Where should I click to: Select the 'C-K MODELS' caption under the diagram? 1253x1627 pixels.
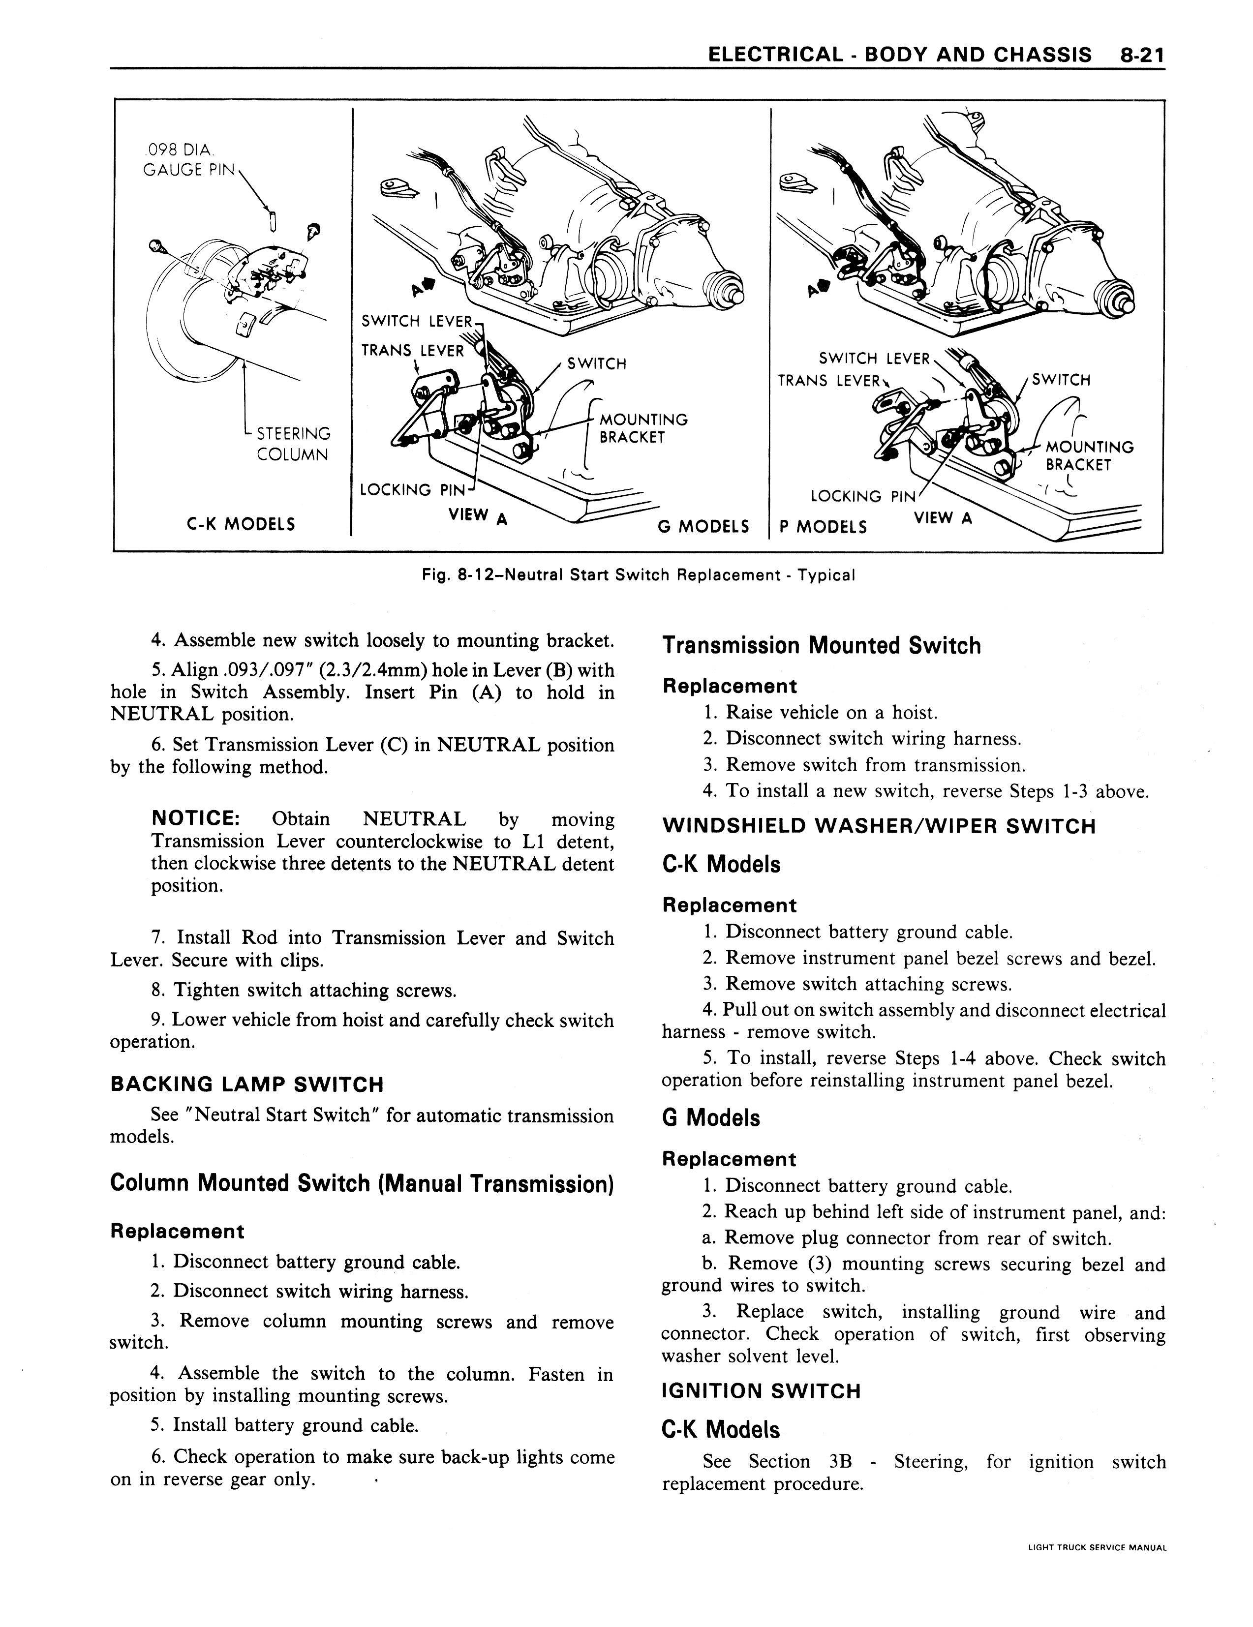pos(241,524)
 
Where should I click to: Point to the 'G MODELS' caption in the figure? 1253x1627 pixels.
pos(703,527)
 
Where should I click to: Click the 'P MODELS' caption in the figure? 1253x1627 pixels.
pos(823,527)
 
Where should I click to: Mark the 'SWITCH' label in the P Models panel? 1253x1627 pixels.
pos(1061,380)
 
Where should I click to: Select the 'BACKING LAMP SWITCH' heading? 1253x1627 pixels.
pos(246,1084)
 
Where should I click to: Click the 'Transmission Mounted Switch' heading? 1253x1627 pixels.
pos(821,645)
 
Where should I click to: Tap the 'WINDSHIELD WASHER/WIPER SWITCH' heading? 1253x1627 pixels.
pos(878,826)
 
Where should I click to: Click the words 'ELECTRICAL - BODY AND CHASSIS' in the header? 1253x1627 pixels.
pos(899,55)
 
